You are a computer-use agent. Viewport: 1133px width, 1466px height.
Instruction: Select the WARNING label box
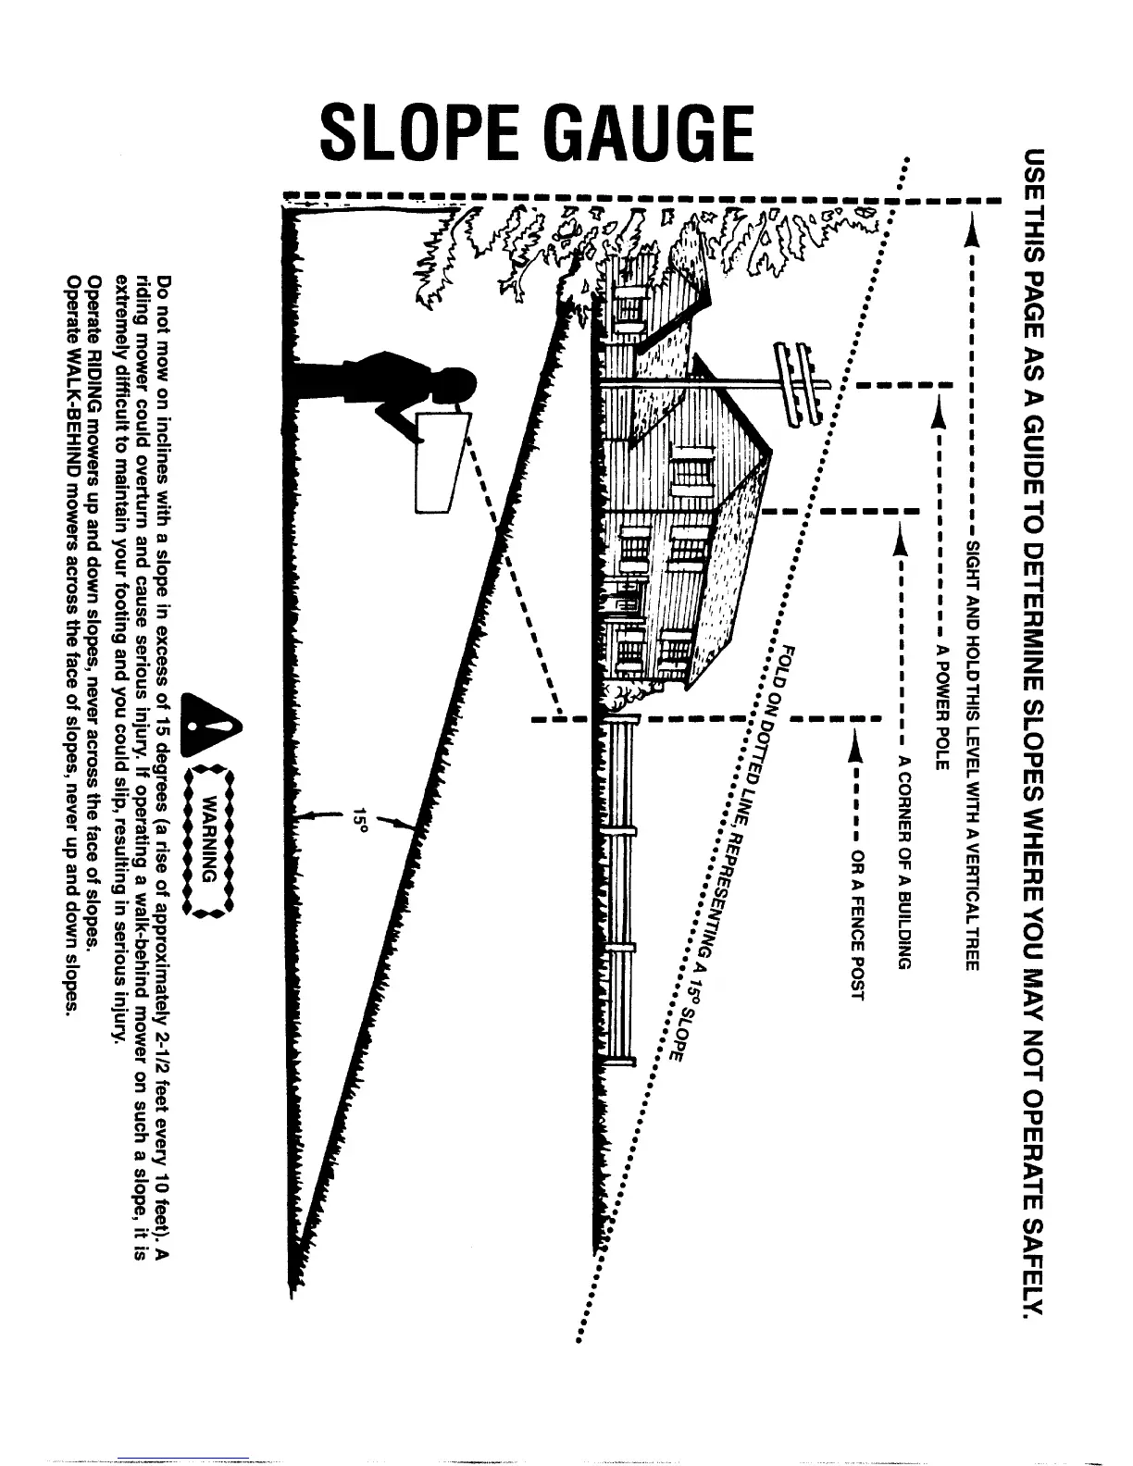[x=213, y=837]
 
